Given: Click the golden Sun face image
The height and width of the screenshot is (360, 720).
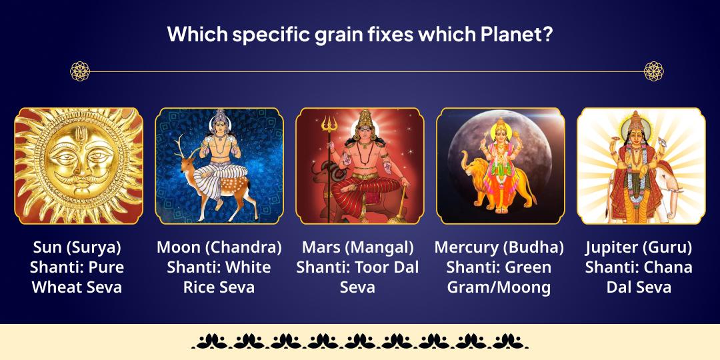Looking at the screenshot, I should click(x=79, y=165).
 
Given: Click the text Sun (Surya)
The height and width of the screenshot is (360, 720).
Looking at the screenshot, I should click(x=77, y=247).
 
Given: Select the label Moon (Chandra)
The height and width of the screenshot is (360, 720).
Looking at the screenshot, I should click(x=219, y=247).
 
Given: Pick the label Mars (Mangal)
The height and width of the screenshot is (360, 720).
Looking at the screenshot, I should click(x=358, y=247).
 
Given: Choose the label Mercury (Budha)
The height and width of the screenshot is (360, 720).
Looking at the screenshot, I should click(x=499, y=247).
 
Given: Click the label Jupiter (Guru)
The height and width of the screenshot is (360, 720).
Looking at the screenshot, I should click(x=639, y=247).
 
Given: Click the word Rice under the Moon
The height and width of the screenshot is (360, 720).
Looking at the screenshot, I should click(x=200, y=288).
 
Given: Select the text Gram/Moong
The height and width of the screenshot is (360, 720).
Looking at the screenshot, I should click(x=499, y=288).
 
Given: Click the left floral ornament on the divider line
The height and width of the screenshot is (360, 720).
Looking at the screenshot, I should click(x=80, y=71).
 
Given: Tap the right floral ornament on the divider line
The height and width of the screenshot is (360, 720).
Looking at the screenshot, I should click(x=653, y=71).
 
